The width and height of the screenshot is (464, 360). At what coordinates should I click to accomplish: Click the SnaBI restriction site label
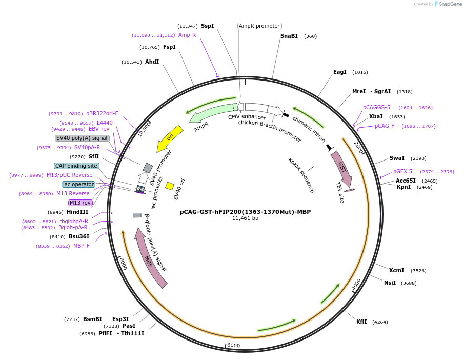(x=289, y=36)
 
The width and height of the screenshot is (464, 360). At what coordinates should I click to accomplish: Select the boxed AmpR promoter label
(x=259, y=26)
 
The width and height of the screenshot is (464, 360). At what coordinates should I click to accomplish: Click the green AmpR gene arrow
(x=210, y=114)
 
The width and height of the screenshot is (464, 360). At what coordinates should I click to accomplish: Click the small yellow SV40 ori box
(x=170, y=186)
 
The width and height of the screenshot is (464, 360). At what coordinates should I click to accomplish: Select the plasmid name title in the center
(x=245, y=211)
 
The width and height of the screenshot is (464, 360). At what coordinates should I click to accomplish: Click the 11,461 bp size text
(x=245, y=218)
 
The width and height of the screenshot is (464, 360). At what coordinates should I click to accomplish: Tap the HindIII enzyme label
(x=77, y=212)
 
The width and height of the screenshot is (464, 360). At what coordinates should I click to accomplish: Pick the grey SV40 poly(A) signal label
(x=82, y=138)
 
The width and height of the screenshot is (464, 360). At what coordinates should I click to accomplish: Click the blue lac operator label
(x=78, y=184)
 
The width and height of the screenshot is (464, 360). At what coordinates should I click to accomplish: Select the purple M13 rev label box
(x=79, y=203)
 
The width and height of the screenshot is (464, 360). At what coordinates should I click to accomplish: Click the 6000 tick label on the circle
(x=233, y=345)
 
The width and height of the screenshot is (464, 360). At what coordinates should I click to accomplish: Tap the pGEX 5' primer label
(x=404, y=171)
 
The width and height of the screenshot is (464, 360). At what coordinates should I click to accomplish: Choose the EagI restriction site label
(x=340, y=72)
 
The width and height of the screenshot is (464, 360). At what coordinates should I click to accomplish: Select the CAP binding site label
(x=76, y=166)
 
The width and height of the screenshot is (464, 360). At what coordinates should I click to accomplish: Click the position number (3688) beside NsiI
(x=409, y=283)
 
